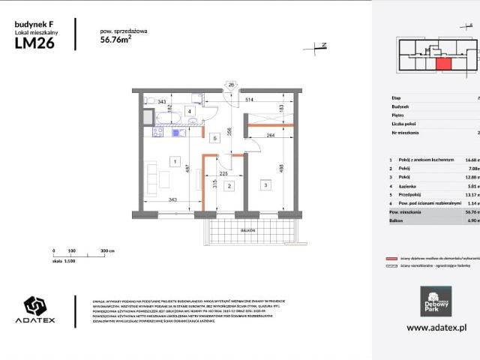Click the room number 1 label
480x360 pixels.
pyautogui.click(x=173, y=161)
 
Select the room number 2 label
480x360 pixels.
pyautogui.click(x=230, y=184)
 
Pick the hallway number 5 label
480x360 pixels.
pyautogui.click(x=214, y=138)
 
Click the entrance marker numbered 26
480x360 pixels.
pyautogui.click(x=231, y=85)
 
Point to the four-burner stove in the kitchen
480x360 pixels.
pyautogui.click(x=157, y=133)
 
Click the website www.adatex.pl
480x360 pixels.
pyautogui.click(x=436, y=328)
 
